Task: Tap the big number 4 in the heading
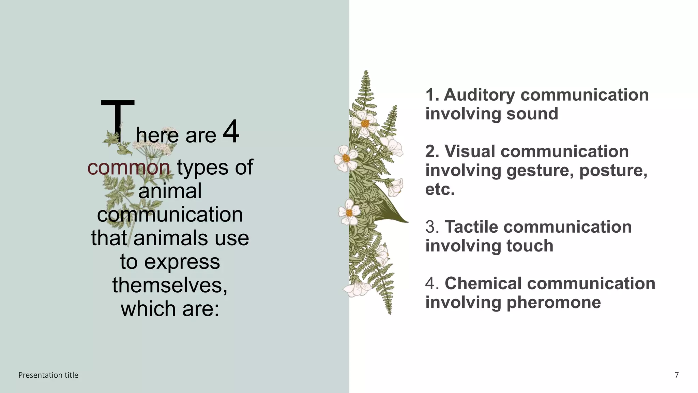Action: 231,132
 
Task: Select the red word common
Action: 128,168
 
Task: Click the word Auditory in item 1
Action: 479,95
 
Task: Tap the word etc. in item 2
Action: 440,189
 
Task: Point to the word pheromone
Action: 553,303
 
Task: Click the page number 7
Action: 677,375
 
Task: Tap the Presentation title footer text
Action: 48,375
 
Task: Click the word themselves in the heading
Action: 170,285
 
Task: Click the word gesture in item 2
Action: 540,170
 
